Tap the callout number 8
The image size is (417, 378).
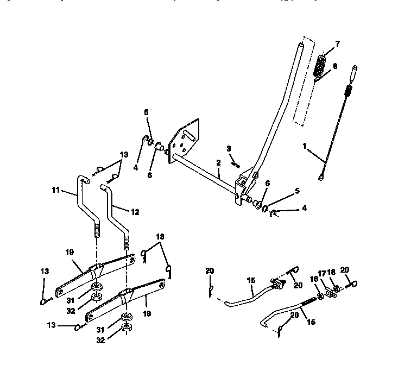click(334, 66)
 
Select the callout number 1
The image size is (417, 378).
click(304, 146)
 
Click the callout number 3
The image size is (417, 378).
click(229, 148)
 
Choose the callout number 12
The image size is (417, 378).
click(135, 212)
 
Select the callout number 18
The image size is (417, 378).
click(331, 273)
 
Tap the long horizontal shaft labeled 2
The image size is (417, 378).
click(206, 174)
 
